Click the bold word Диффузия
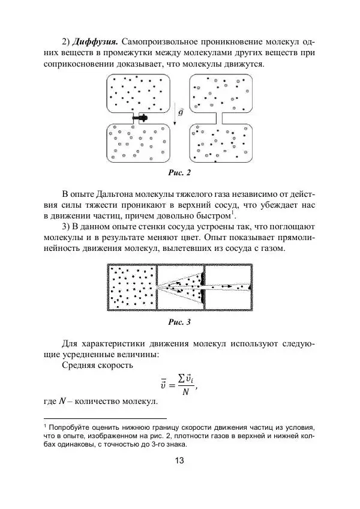tap(94, 41)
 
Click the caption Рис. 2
tap(180, 173)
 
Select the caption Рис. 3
tap(179, 322)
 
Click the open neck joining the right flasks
tap(219, 118)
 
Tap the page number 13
tap(179, 461)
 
